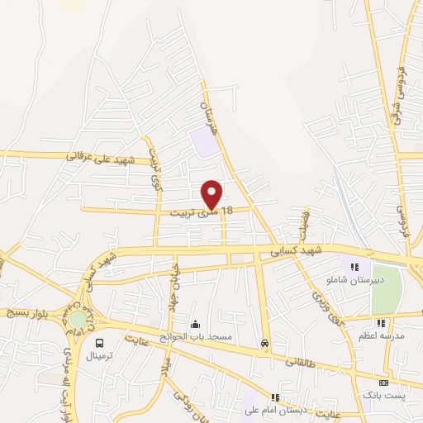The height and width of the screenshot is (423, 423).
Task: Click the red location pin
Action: (212, 193)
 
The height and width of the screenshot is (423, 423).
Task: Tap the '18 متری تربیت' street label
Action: (202, 211)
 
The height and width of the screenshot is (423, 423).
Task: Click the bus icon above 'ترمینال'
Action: (100, 343)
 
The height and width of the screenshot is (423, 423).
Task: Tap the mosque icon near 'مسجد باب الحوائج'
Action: (195, 324)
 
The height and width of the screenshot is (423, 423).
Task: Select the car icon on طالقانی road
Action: (264, 342)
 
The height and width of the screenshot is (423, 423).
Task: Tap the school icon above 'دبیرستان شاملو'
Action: (355, 267)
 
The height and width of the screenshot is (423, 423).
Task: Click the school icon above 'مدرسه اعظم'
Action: (381, 323)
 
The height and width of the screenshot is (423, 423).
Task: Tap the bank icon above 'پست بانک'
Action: (383, 383)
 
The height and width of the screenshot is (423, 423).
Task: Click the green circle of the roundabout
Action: (77, 320)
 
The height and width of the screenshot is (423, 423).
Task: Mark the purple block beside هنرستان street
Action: (204, 140)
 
